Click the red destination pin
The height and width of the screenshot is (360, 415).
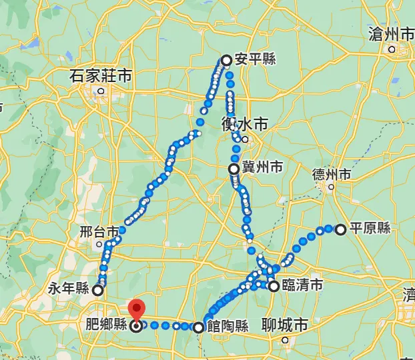click(136, 311)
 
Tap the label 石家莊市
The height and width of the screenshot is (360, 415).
click(101, 76)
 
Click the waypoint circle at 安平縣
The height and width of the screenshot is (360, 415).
click(226, 61)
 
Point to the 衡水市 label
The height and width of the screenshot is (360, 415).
click(245, 124)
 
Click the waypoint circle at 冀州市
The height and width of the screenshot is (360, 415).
click(234, 169)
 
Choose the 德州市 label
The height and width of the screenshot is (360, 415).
click(332, 175)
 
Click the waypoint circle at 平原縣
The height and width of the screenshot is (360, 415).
click(341, 230)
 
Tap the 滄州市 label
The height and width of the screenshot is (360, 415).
click(392, 34)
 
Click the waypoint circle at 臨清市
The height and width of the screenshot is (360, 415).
click(274, 287)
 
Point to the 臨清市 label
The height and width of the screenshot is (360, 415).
click(303, 286)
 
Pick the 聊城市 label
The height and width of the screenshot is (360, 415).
click(285, 325)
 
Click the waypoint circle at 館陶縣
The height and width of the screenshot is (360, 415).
click(198, 327)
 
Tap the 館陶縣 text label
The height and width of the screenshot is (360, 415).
click(228, 327)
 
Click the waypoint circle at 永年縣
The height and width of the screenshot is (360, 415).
click(98, 290)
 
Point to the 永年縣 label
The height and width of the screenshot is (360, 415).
click(69, 289)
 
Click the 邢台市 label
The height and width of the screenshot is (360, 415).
click(99, 232)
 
